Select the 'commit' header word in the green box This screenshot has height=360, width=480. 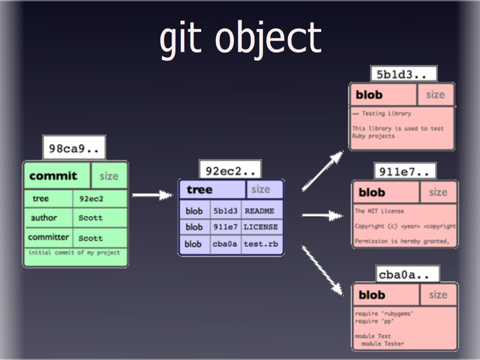pos(53,176)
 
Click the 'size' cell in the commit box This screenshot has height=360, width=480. pos(109,176)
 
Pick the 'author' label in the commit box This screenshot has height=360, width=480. pos(43,218)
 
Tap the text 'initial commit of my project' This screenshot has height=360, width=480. pos(73,253)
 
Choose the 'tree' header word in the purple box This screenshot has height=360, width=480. pos(199,190)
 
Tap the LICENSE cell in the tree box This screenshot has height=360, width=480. pos(260,227)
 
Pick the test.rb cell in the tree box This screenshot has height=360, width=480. pos(259,244)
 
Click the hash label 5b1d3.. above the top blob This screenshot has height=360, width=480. pos(400,74)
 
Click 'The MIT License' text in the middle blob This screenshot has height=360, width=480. pos(381,211)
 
